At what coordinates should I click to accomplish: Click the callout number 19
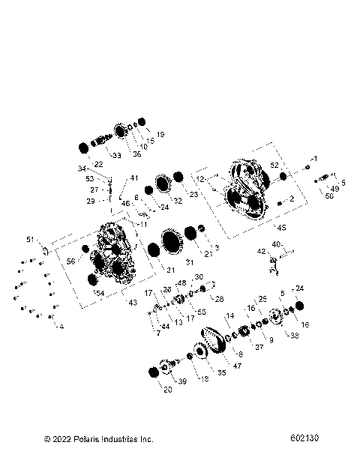[160, 134]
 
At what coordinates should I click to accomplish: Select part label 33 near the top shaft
[117, 155]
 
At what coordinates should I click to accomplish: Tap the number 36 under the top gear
[136, 154]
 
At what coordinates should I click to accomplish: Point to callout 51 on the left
[31, 240]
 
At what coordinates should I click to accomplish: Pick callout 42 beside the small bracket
[262, 252]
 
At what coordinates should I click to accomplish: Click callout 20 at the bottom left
[167, 390]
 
